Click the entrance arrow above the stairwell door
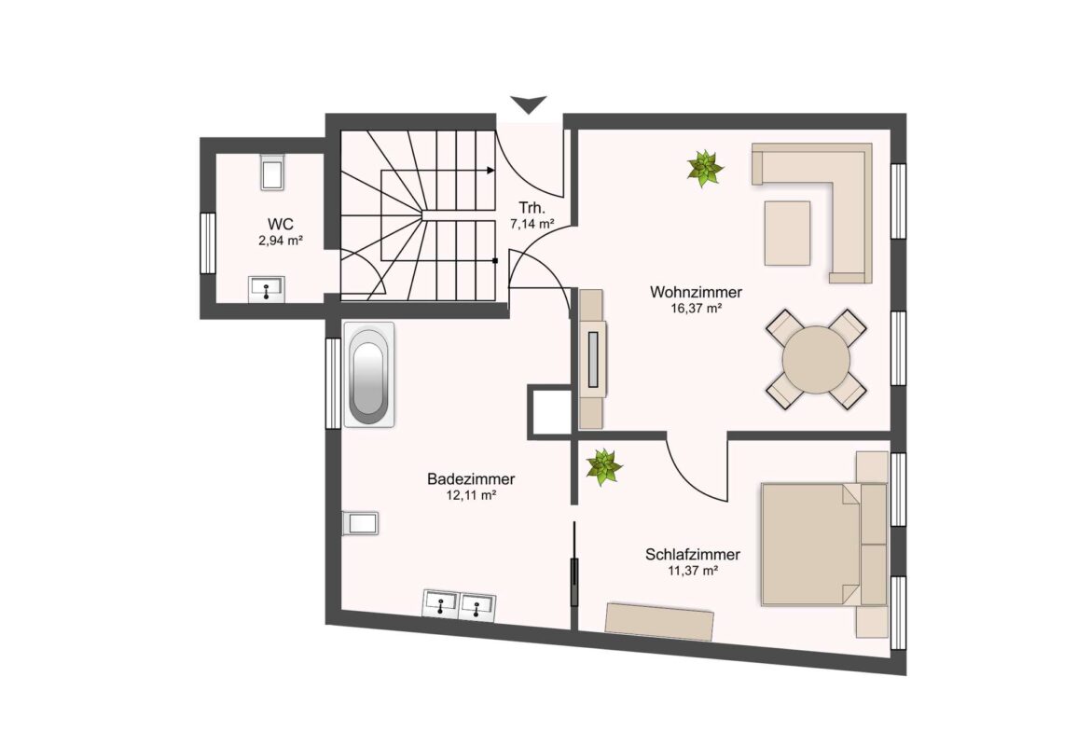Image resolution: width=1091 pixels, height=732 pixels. (529, 105)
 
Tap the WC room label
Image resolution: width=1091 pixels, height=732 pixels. (281, 224)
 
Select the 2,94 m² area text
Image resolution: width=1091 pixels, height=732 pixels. (281, 241)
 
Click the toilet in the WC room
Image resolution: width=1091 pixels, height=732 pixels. (272, 172)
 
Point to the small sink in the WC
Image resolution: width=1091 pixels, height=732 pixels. (267, 289)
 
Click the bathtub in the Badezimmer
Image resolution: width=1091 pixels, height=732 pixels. (368, 374)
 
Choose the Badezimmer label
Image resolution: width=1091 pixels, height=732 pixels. (471, 479)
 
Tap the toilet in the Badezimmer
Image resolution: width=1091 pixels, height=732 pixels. (361, 522)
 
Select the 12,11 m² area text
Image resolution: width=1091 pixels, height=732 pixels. (471, 495)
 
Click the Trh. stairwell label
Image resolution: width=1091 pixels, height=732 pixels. (532, 207)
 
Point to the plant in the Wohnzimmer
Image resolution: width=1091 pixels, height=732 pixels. (706, 169)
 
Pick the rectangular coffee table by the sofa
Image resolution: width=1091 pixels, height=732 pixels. (787, 233)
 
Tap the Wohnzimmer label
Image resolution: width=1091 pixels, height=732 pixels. (696, 292)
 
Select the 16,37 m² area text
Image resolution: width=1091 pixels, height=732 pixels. (696, 309)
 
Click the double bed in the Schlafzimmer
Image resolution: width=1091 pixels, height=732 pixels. (824, 545)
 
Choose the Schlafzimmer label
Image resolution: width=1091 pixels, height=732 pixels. (692, 555)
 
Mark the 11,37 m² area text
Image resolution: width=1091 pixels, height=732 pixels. (692, 571)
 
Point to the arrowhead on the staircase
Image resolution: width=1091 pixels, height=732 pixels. (490, 171)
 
